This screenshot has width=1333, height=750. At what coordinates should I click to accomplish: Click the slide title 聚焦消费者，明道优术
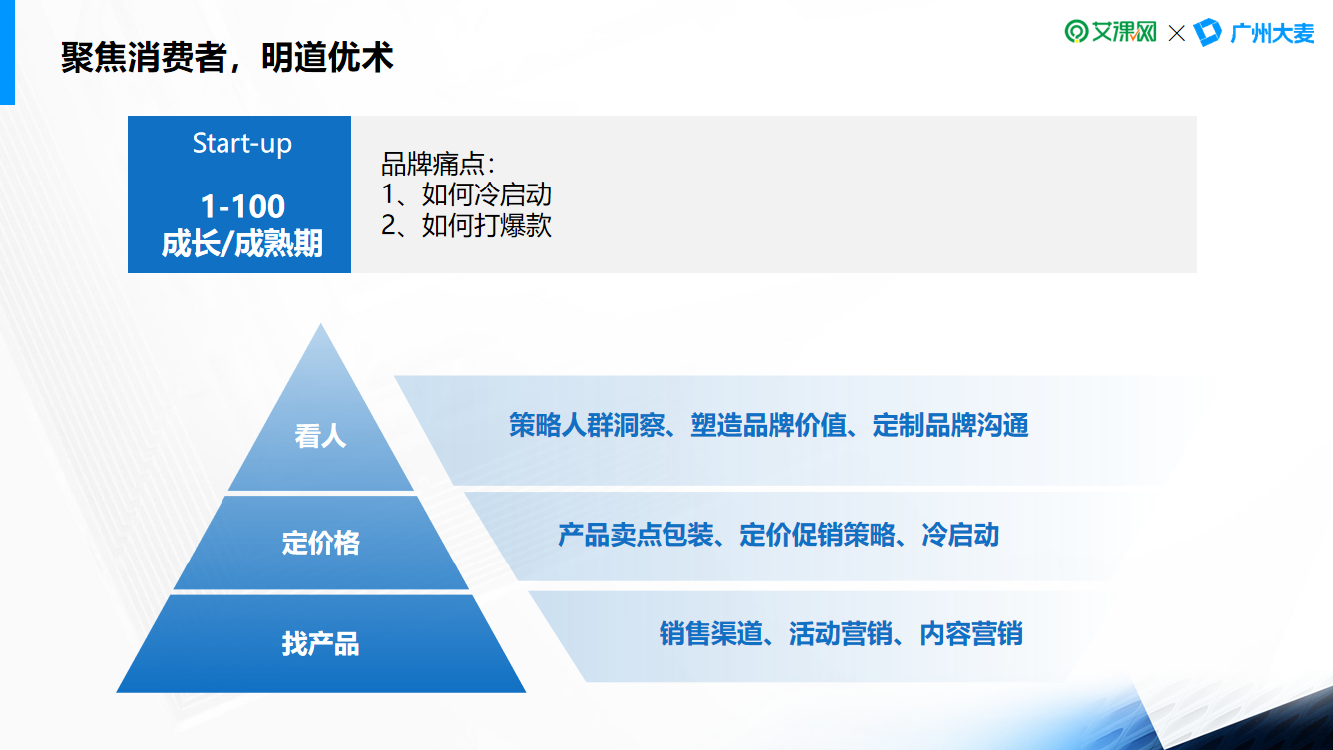coord(226,58)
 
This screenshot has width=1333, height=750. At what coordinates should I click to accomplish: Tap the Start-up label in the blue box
coord(242,144)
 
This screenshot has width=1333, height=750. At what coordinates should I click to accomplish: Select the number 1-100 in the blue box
coord(242,206)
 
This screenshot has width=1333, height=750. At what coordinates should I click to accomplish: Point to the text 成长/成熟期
coord(242,244)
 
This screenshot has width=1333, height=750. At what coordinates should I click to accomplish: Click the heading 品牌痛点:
coord(438,164)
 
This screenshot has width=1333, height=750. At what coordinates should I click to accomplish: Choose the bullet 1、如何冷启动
coord(467,194)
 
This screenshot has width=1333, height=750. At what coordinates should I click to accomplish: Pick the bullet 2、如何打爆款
coord(467,226)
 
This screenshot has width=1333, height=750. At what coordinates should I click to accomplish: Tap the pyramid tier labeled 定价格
coord(320,543)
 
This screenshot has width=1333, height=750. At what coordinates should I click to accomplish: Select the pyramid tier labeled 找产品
coord(320,644)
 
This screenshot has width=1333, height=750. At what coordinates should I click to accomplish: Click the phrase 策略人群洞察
coord(587,425)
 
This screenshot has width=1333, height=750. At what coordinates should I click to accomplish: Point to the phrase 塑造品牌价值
coord(768,425)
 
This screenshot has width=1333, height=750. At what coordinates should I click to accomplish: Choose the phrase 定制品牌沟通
coord(950,425)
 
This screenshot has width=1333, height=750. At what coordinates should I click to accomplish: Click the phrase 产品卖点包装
coord(636,535)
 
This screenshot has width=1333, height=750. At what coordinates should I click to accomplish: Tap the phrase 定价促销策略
coord(817,535)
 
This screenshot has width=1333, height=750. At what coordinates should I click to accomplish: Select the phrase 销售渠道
coord(711,634)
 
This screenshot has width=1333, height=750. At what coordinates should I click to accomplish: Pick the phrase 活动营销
coord(841,634)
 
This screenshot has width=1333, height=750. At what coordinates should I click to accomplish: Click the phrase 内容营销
coord(971,634)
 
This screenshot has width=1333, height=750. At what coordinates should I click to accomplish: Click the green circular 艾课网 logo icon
coord(1076,32)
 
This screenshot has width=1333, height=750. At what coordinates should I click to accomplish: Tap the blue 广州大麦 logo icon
coord(1208,32)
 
